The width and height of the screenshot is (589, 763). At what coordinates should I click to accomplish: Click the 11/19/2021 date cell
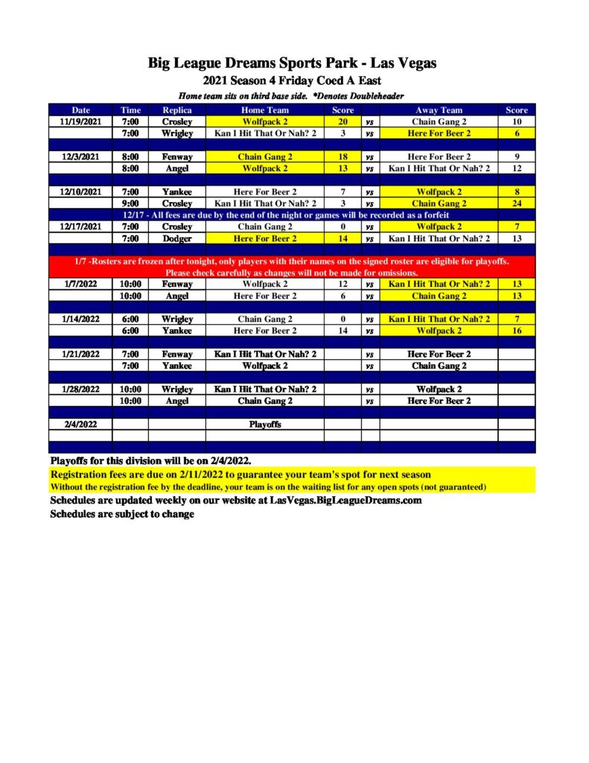pos(80,121)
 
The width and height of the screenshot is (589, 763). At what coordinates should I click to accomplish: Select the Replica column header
pos(176,110)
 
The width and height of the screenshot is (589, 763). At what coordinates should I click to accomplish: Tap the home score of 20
pos(343,121)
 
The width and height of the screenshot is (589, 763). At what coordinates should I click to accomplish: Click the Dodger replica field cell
pos(177,238)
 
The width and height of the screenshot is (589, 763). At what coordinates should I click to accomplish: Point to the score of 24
pos(516,203)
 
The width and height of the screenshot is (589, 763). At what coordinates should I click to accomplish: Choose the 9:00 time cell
pos(130,203)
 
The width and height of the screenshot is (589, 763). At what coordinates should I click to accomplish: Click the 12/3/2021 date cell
pos(80,156)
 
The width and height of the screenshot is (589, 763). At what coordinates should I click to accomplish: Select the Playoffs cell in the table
pos(264,424)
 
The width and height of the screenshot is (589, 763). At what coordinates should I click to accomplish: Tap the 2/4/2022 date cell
pos(80,424)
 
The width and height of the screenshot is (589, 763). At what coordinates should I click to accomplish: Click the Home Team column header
pos(264,110)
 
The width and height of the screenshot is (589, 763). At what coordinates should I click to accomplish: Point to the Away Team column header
pos(439,110)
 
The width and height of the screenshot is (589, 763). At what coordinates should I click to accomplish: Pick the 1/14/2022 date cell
pos(80,319)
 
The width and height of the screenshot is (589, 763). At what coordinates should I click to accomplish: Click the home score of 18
pos(343,156)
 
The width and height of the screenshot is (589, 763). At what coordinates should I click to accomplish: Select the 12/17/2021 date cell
pos(80,227)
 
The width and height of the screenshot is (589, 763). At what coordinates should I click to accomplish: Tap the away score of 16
pos(516,330)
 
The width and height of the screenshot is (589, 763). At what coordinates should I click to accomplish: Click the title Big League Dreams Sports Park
pos(293,63)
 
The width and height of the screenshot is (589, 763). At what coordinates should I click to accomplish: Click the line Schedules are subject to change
pos(121,514)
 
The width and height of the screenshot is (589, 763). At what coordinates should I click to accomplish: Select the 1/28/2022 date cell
pos(80,389)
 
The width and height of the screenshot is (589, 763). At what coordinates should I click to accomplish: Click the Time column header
pos(130,110)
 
